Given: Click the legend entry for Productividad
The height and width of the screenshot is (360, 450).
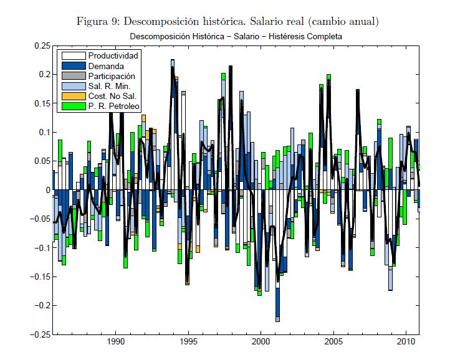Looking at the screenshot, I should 113,56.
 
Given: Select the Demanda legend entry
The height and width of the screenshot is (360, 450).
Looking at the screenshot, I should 105,66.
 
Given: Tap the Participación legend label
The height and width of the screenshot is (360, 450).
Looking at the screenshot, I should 112,76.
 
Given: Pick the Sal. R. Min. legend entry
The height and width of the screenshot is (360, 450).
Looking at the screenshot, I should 108,86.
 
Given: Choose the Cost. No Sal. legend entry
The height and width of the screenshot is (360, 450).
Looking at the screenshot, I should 112,96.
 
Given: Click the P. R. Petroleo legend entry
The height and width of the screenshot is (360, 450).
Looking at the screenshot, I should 112,107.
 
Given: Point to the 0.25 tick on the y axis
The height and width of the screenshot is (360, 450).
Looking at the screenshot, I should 41,46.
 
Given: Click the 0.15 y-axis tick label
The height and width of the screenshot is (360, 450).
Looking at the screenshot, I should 41,103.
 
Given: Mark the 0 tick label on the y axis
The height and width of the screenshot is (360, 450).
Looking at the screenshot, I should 47,190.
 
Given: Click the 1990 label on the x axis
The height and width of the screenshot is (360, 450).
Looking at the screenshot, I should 116,342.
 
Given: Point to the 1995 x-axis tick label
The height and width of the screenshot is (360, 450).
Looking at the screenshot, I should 189,342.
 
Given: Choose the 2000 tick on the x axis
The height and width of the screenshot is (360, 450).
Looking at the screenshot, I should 262,342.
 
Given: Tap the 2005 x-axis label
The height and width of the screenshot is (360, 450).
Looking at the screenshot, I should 335,342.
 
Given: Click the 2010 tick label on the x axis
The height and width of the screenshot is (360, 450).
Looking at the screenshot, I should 407,342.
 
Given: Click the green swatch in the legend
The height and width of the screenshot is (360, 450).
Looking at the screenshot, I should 73,107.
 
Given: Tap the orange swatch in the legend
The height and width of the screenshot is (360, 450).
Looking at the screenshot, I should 73,96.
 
